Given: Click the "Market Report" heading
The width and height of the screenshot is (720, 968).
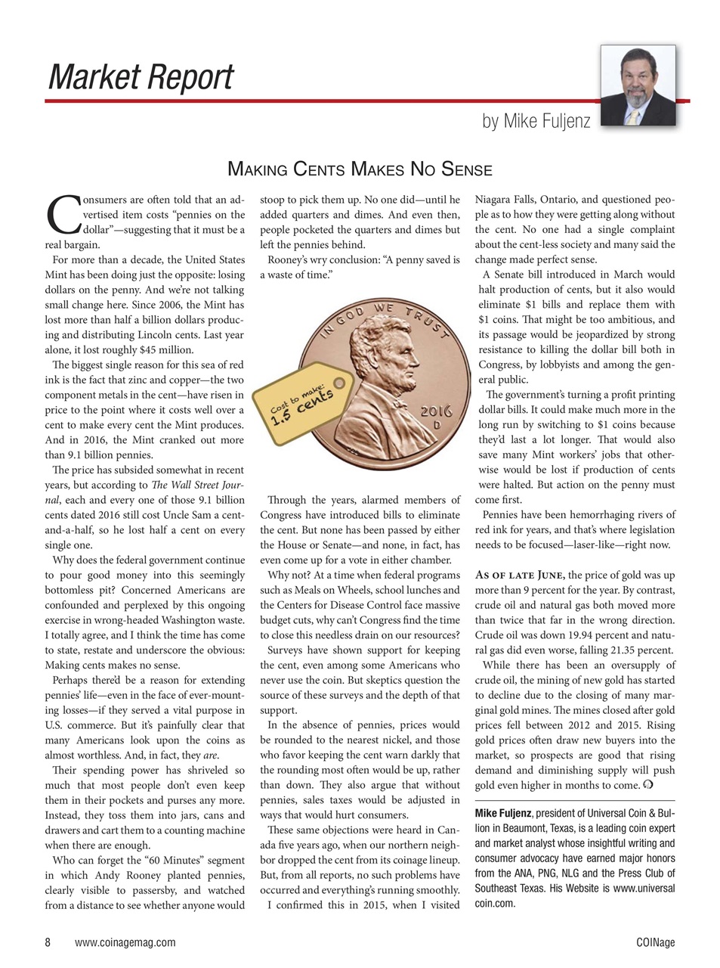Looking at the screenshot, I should (141, 78).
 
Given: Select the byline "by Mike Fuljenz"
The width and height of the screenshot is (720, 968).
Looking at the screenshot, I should (536, 120).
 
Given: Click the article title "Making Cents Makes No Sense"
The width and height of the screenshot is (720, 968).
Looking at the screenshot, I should (360, 169).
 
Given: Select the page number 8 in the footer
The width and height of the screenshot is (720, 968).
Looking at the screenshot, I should (48, 942).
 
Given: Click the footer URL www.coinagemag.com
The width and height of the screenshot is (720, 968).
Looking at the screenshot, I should (125, 942).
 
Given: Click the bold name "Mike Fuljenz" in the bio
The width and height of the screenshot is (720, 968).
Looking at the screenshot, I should (503, 814).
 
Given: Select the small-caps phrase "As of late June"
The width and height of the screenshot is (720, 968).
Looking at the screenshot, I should (520, 576).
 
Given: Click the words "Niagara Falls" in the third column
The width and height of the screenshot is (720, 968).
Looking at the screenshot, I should (505, 200).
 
